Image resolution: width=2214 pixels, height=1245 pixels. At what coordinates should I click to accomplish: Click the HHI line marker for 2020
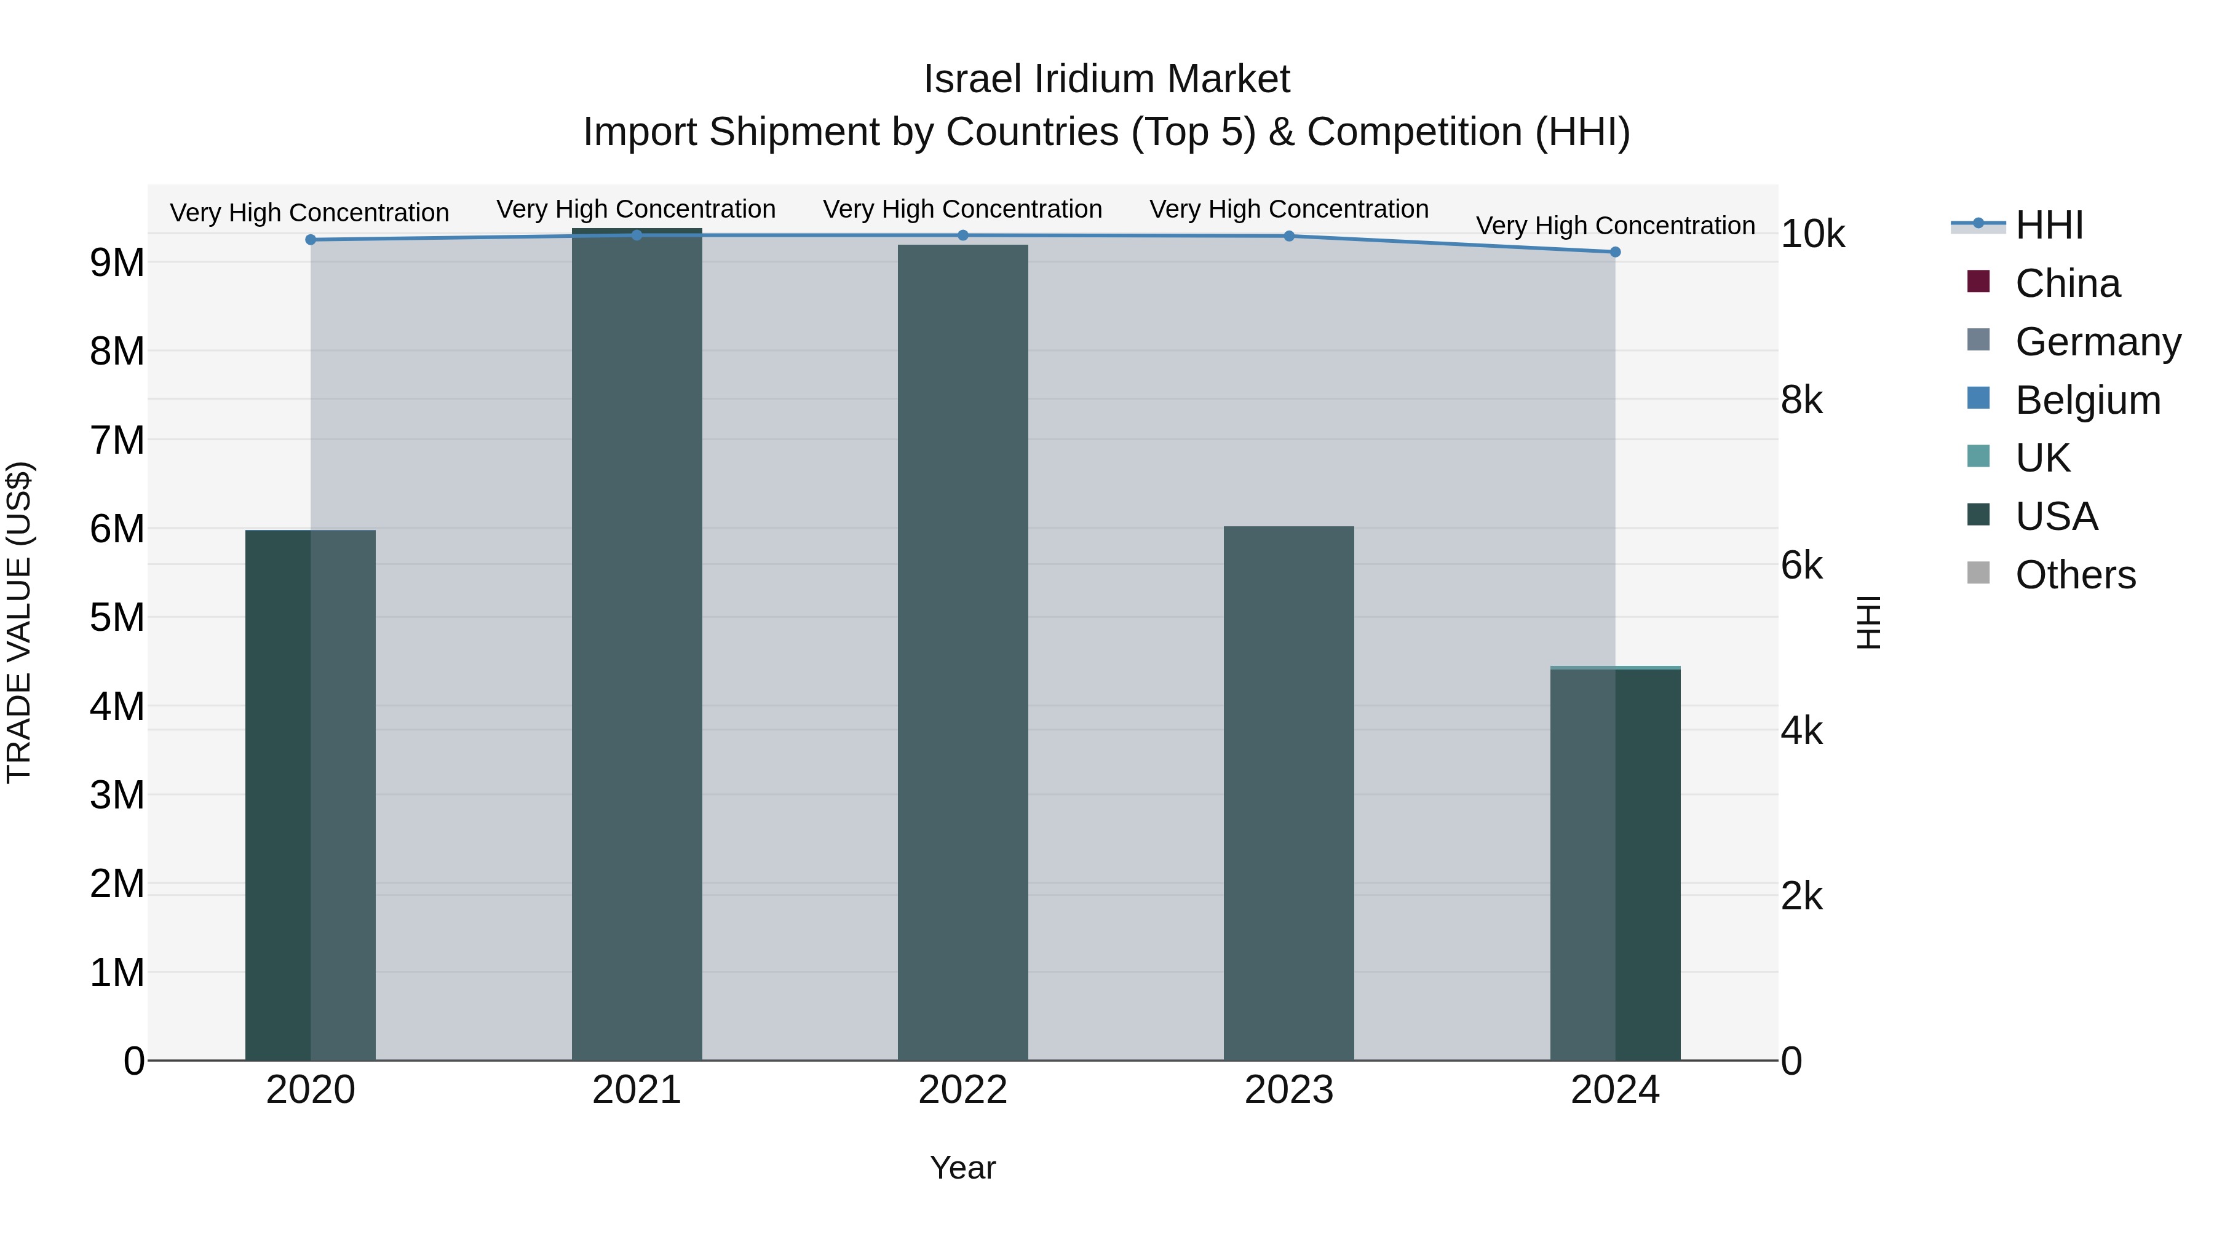tap(311, 240)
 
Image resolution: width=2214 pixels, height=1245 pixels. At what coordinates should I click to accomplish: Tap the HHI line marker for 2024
tap(1615, 251)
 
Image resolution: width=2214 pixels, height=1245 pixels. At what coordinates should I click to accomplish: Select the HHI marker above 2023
tap(1289, 236)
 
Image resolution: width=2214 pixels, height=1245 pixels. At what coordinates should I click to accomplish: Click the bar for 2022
tap(962, 653)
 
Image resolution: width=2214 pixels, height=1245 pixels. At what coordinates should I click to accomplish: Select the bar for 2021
tap(637, 644)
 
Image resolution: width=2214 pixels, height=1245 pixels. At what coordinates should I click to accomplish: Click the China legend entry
tap(2067, 283)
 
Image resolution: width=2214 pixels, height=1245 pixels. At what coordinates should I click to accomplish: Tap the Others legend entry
tap(2075, 575)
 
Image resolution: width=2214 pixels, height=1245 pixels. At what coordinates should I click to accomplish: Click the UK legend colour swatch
tap(1978, 456)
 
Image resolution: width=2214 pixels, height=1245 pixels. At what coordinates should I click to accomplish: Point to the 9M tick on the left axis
tap(117, 263)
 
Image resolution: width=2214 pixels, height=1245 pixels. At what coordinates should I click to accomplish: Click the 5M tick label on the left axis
tap(117, 618)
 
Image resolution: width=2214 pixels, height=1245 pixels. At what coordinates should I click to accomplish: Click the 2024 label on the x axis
tap(1615, 1090)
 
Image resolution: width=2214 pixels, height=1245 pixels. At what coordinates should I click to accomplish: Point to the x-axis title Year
tap(962, 1168)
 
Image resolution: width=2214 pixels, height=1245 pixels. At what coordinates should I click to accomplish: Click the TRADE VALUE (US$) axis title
tap(19, 622)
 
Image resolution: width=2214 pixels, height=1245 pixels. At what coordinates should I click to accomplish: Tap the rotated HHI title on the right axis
tap(1868, 622)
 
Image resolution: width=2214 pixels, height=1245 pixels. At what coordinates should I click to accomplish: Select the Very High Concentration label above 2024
tap(1615, 226)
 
